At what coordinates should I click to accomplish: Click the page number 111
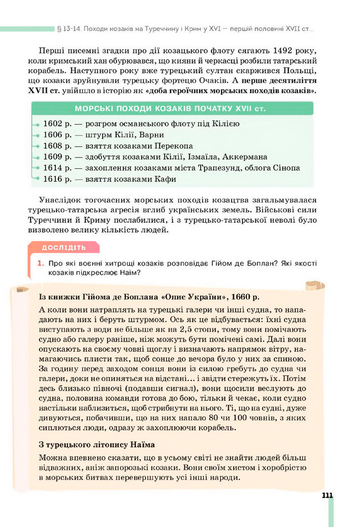(327, 495)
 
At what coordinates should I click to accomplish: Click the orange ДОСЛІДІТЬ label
(64, 247)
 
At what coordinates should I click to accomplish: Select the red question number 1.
(40, 263)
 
